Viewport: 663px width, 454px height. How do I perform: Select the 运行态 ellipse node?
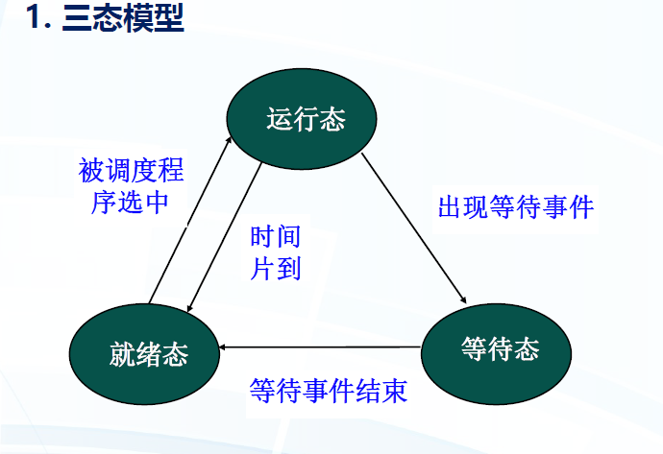(x=306, y=119)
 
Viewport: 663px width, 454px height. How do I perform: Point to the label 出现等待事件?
(x=516, y=206)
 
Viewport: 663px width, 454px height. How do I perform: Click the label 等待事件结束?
(x=329, y=391)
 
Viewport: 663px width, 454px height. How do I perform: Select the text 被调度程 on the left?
(x=131, y=172)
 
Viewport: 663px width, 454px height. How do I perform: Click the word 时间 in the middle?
(x=276, y=236)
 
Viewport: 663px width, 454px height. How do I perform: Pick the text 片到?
(x=276, y=268)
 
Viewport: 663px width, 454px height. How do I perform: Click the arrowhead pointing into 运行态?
(x=229, y=141)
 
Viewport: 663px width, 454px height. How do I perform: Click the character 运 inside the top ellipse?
(x=279, y=120)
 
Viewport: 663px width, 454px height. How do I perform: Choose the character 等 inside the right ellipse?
(x=473, y=348)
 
